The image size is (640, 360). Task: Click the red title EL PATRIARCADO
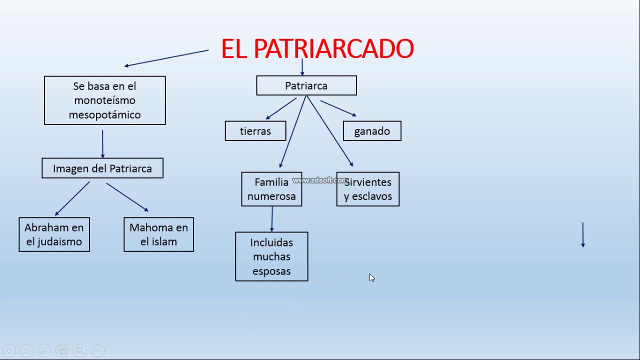point(317,49)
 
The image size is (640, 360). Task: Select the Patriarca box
point(306,85)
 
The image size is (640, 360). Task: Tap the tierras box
point(255,131)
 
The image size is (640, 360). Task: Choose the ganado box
point(372,131)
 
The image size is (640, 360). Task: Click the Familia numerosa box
point(271,189)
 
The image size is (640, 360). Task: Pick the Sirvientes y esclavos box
point(368,189)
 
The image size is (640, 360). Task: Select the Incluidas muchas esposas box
point(271,256)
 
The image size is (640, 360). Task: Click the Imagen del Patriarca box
point(102,168)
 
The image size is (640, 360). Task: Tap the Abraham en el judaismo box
point(54,234)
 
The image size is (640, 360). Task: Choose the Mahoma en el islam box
point(158,234)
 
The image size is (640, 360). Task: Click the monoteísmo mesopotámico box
point(104,100)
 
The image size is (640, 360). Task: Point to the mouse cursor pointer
point(371,277)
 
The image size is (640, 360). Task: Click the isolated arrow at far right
point(582,234)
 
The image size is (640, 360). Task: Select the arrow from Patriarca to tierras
point(281,108)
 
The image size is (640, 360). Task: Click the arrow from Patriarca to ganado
point(338,108)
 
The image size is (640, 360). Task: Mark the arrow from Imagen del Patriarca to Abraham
point(72,198)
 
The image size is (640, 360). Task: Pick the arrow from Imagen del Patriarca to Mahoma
point(127,197)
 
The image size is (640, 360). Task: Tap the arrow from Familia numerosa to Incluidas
point(272,219)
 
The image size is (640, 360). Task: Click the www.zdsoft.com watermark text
point(319,180)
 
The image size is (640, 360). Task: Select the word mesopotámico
point(104,114)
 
